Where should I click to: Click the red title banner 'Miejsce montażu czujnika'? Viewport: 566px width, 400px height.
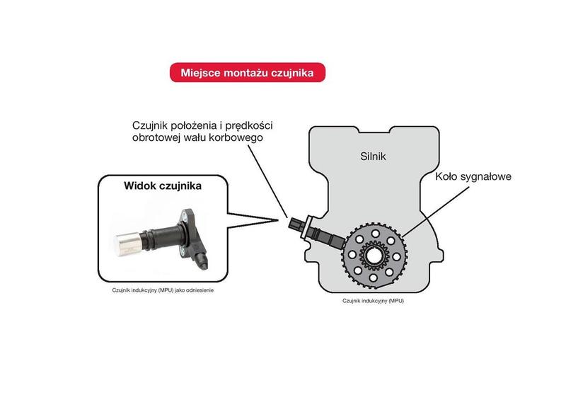[247, 72]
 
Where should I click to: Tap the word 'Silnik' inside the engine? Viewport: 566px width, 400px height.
[373, 156]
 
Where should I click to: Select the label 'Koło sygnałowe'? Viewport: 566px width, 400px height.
[473, 176]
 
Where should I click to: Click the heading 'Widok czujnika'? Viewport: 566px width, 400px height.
[163, 185]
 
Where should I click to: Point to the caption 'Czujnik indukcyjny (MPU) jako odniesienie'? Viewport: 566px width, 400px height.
[163, 290]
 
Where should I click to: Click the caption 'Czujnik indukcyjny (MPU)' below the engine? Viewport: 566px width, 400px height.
[373, 301]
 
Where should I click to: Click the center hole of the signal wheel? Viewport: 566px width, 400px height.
[374, 256]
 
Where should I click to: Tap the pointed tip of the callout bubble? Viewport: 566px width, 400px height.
[278, 219]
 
